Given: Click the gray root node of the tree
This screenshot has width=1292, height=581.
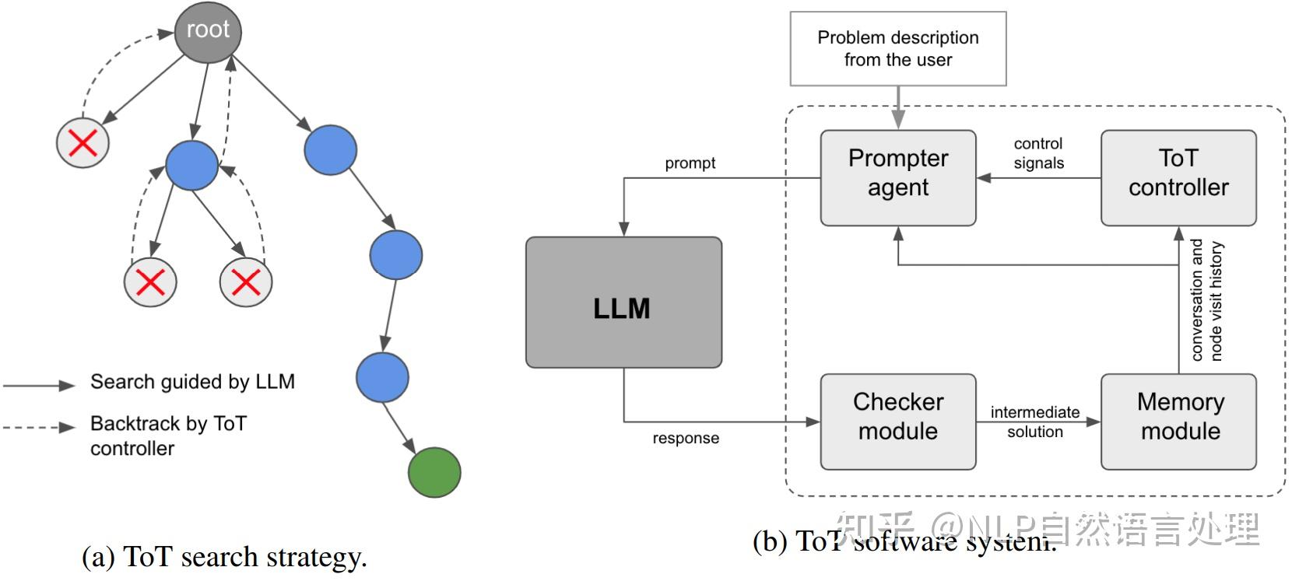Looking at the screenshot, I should (207, 32).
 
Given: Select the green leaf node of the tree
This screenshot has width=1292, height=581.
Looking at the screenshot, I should (434, 472).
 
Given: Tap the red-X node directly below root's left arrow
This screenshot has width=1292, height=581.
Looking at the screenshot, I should (83, 143).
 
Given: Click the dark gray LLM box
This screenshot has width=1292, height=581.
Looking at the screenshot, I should (623, 303).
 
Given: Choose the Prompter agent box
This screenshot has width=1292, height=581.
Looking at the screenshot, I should (897, 178).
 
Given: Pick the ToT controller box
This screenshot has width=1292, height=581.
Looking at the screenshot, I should (1178, 178).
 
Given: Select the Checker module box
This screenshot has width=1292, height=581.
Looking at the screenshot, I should (897, 422).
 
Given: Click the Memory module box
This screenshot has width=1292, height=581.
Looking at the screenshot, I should (1178, 422).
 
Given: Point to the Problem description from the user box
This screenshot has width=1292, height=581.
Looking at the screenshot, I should (897, 48).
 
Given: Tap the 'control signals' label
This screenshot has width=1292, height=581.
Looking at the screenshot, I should (1038, 153).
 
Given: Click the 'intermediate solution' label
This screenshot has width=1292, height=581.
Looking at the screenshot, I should (1034, 422).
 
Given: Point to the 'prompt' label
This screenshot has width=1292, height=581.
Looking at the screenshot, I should (690, 163).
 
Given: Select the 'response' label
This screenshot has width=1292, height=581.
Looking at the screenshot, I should (685, 438).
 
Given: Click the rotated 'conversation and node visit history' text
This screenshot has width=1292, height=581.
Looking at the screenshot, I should (1206, 300).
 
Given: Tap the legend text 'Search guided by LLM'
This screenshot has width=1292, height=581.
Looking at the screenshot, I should (192, 382).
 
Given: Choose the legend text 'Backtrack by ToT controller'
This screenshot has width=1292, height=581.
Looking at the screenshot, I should (167, 435).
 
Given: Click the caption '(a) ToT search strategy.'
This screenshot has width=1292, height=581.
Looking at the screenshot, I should (224, 557).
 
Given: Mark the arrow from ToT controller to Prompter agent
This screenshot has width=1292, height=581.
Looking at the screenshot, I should (1038, 178).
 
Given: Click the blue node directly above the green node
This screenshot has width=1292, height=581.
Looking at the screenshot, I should (382, 377).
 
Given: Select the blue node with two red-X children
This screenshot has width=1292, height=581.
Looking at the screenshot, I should (191, 166).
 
